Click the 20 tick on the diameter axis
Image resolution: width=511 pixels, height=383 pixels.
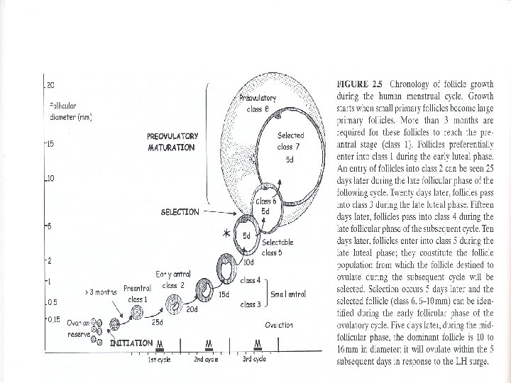pyautogui.click(x=50, y=85)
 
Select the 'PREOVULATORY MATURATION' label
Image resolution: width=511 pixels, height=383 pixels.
pyautogui.click(x=172, y=142)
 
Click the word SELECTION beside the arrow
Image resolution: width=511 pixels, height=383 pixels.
pyautogui.click(x=180, y=211)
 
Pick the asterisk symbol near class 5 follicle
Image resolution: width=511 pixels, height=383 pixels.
pyautogui.click(x=226, y=234)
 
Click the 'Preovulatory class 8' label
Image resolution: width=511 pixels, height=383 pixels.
pyautogui.click(x=258, y=104)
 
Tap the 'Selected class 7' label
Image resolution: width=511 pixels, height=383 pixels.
pyautogui.click(x=290, y=140)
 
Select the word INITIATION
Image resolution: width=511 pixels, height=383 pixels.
pyautogui.click(x=131, y=343)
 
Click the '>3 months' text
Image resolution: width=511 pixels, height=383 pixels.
pyautogui.click(x=100, y=292)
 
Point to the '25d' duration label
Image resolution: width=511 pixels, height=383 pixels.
pyautogui.click(x=158, y=322)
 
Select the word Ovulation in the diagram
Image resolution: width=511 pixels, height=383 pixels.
pyautogui.click(x=279, y=325)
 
